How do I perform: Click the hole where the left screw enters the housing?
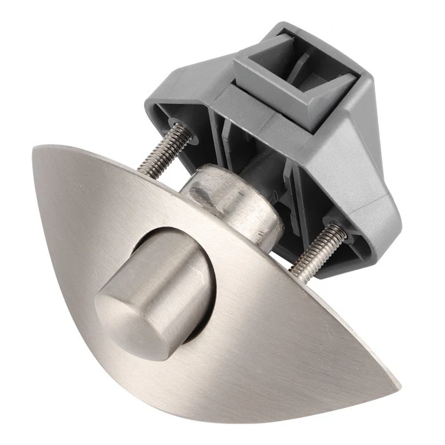tap(186, 131)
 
